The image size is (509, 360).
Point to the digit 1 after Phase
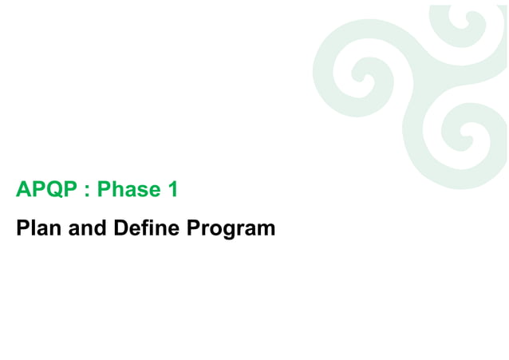point(172,190)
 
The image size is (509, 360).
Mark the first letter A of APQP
point(23,190)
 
